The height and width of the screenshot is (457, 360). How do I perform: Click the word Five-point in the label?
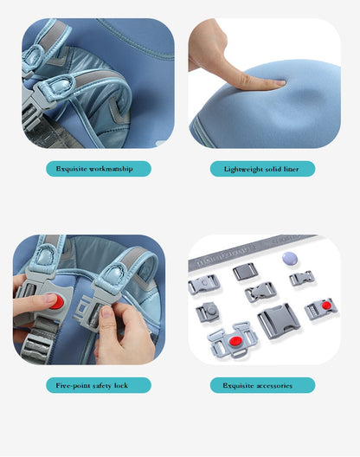(73, 386)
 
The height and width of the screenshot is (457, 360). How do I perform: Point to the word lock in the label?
(121, 385)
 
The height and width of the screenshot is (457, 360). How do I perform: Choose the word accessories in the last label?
(274, 386)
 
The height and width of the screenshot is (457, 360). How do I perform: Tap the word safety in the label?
(102, 386)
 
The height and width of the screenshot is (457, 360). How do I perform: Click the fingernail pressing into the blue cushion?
(280, 83)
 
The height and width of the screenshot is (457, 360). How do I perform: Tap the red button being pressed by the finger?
(56, 302)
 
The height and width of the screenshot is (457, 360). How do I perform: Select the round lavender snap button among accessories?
(290, 259)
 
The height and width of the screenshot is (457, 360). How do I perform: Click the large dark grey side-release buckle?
(278, 321)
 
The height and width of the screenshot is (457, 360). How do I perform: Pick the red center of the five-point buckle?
(235, 341)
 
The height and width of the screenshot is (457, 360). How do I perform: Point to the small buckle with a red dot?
(321, 309)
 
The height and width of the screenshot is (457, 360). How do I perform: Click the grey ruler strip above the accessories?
(251, 251)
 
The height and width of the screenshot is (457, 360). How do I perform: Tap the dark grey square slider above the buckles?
(245, 272)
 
